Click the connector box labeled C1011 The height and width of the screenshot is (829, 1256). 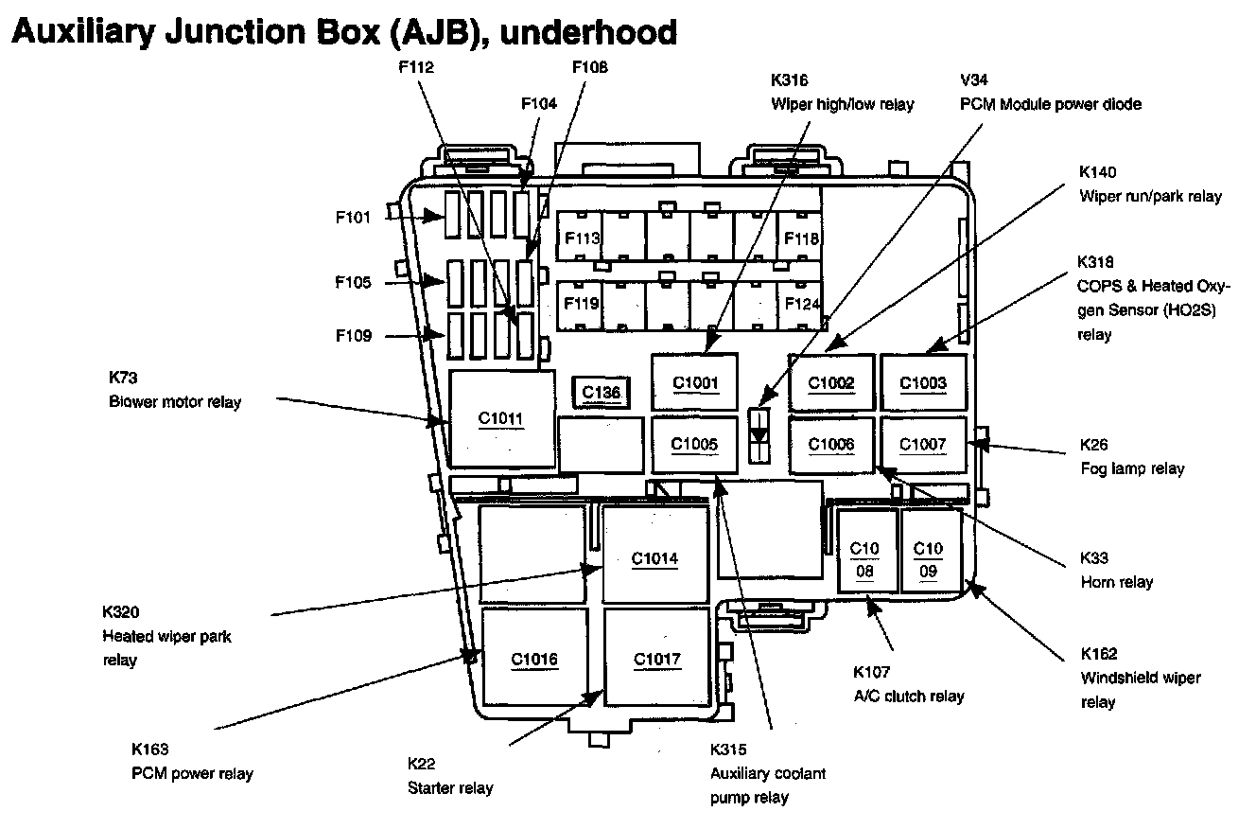(x=502, y=418)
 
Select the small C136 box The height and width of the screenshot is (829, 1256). (x=602, y=392)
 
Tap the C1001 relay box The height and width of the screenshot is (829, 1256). (x=695, y=382)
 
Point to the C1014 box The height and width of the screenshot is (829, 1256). (x=655, y=555)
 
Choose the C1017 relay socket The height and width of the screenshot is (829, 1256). (x=657, y=657)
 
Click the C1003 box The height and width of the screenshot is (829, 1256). (x=923, y=382)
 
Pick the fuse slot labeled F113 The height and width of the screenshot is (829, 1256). (x=579, y=237)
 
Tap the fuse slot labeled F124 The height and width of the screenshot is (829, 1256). (x=800, y=305)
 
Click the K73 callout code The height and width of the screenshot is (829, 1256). (x=123, y=378)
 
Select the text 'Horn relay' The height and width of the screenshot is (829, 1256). (x=1116, y=582)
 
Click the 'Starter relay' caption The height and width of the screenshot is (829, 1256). (x=450, y=788)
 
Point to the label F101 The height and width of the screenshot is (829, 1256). (x=353, y=217)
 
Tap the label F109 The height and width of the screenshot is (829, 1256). (x=354, y=335)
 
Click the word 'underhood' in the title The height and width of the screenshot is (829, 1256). (x=588, y=32)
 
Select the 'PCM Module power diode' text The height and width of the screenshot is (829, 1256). (x=1050, y=104)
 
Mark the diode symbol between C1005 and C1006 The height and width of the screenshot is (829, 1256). (x=759, y=436)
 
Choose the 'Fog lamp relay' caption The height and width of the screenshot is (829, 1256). (x=1132, y=468)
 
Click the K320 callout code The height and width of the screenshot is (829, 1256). (x=120, y=611)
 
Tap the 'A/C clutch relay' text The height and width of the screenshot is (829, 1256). (x=908, y=697)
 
